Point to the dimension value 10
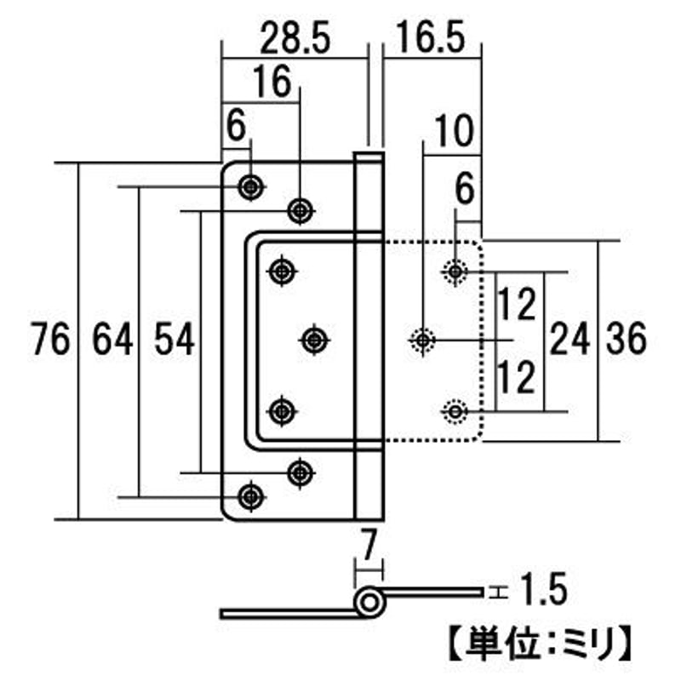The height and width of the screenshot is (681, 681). point(454,133)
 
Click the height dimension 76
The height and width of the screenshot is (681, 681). point(49,340)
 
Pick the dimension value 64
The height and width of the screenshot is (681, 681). point(112,340)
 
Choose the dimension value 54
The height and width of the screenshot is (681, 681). point(175,340)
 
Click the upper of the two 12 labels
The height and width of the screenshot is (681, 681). point(517,305)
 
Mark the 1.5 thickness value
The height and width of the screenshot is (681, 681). point(541,589)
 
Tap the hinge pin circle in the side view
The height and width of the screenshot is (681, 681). point(369,603)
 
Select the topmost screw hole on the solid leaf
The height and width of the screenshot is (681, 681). point(249,186)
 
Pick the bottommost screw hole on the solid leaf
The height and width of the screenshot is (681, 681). point(249,495)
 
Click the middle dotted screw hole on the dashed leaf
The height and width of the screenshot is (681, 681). point(422,340)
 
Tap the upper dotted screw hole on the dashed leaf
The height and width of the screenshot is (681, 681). point(455,271)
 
